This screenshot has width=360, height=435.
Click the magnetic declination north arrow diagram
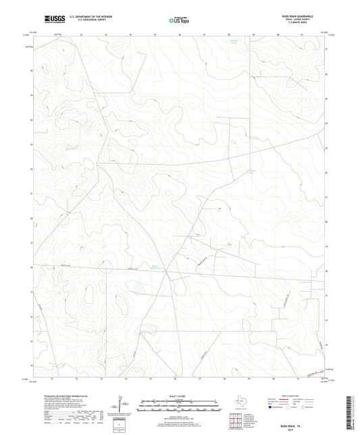[x=120, y=404]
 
